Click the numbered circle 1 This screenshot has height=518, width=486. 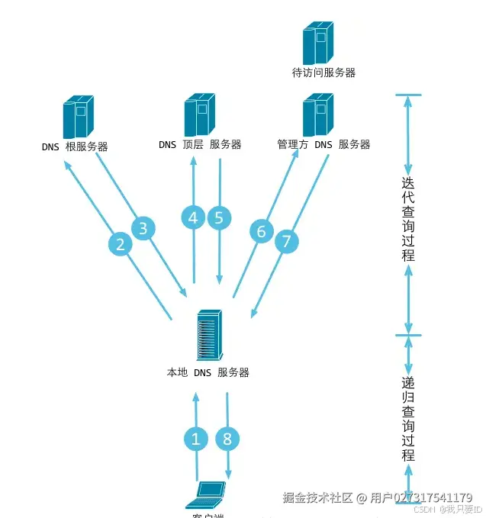coord(196,439)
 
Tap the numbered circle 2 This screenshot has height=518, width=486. coord(121,244)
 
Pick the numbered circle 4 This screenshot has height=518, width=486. coord(193,217)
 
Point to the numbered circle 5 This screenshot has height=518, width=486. coord(220,217)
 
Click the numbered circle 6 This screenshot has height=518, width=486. coord(261,231)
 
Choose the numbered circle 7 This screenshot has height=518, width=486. coord(286,243)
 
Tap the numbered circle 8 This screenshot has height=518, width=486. coord(227,439)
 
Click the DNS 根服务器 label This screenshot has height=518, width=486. coord(75,146)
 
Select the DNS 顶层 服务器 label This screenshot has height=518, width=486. coord(200,144)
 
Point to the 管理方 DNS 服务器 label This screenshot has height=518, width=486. coord(323,144)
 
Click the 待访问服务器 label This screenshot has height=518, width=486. coord(323,73)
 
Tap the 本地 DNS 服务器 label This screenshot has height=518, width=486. coord(208,373)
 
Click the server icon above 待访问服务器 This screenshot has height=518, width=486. coord(318,43)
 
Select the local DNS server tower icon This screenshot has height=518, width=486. coord(210,335)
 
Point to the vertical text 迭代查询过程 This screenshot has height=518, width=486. coord(408,219)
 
